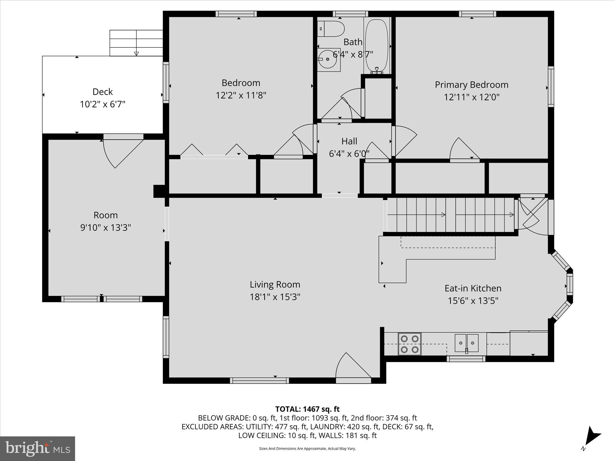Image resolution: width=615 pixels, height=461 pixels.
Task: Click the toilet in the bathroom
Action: click(330, 29)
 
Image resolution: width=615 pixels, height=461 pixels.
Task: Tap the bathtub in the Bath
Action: click(377, 45)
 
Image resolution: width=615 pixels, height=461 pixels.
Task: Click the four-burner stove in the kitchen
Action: click(410, 344)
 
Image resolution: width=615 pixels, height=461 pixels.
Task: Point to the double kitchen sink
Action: click(466, 343)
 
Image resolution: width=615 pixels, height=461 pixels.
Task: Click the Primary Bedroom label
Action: click(471, 85)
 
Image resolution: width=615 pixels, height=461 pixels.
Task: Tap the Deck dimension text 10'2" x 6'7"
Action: click(102, 104)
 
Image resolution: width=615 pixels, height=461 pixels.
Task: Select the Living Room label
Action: click(275, 285)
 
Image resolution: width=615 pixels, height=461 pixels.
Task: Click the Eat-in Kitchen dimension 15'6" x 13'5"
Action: click(473, 301)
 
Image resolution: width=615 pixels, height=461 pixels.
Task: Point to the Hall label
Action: click(349, 141)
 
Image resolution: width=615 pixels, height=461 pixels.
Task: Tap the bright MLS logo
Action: click(38, 448)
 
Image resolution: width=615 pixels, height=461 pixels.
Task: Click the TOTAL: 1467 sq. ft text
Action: click(307, 409)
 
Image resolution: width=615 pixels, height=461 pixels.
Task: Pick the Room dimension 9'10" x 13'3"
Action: click(105, 228)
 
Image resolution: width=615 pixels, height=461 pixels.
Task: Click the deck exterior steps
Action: click(136, 43)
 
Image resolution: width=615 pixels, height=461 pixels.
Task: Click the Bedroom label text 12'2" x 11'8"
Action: click(241, 95)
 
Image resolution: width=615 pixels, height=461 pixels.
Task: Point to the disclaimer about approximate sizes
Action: click(307, 448)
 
